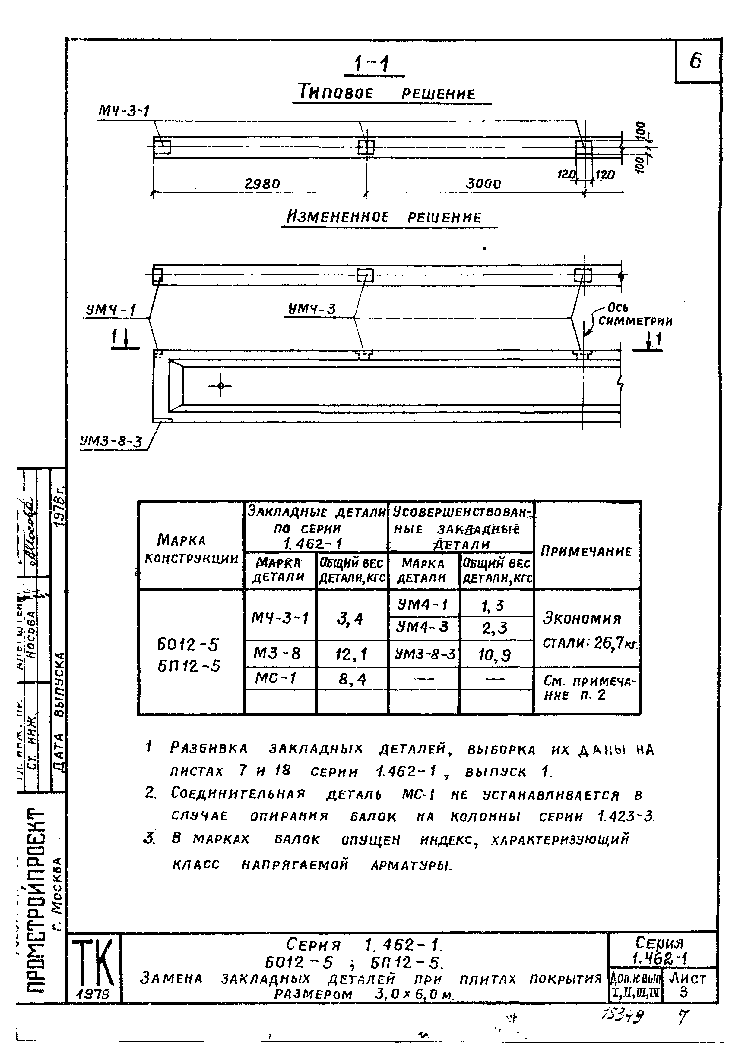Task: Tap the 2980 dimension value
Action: pyautogui.click(x=262, y=184)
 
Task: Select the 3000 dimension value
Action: pyautogui.click(x=483, y=184)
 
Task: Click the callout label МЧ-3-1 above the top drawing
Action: pyautogui.click(x=124, y=111)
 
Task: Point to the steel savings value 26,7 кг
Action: pyautogui.click(x=615, y=643)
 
